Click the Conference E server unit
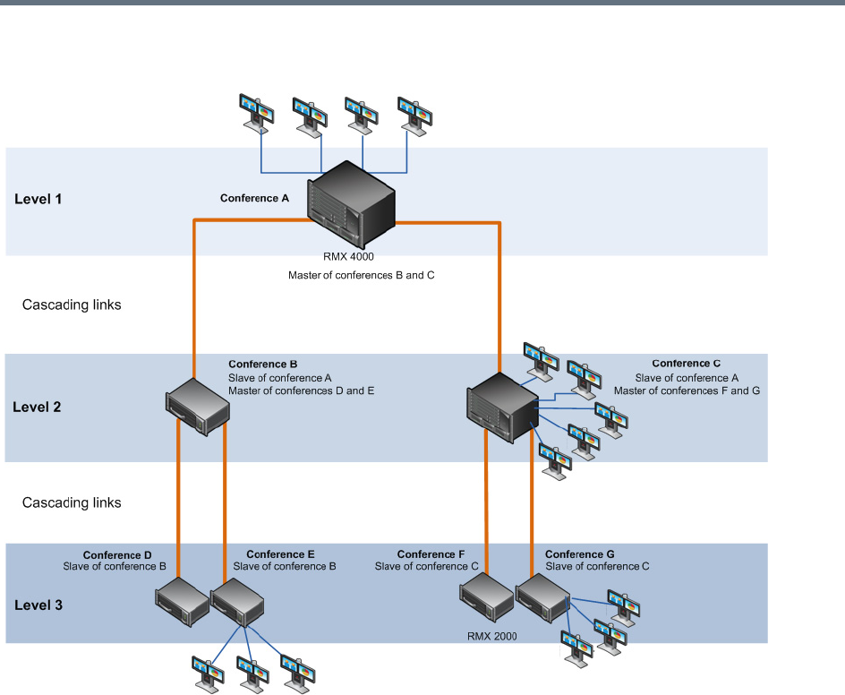coord(238,602)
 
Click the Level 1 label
coord(38,199)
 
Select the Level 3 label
coord(38,605)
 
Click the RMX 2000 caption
coord(491,638)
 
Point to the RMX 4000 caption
coord(348,257)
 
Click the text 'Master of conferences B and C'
coord(361,275)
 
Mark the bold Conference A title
coord(254,198)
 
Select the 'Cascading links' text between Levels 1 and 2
coord(72,305)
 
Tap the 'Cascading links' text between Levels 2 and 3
coord(72,502)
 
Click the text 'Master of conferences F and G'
coord(687,391)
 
